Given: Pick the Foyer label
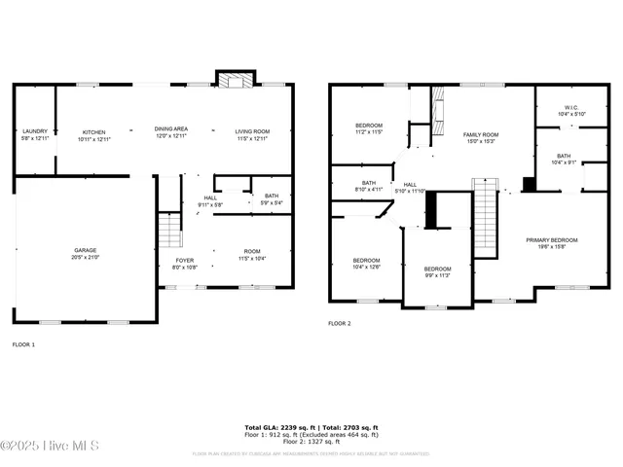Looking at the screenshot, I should (x=184, y=263).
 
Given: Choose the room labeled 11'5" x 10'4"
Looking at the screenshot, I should (x=251, y=255).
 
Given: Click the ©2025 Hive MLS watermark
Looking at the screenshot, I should (x=50, y=447).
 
